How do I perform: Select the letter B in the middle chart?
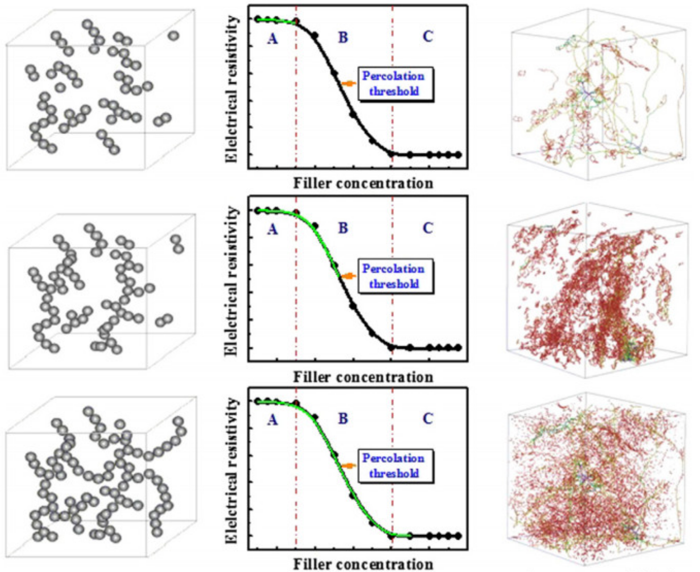coord(343,228)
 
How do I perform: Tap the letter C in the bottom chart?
coord(427,418)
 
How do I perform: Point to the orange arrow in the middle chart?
coord(349,276)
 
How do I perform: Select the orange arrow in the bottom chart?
coord(349,465)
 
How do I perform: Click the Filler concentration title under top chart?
coord(363,183)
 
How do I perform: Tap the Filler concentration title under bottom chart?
coord(363,564)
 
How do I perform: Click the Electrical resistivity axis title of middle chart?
coord(232,282)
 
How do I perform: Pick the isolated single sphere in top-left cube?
coord(173,36)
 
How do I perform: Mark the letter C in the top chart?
coord(427,37)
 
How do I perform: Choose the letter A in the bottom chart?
coord(272,419)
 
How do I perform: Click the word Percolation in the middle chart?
coord(393,269)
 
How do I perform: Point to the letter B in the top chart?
coord(343,38)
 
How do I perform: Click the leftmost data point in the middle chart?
coord(258,210)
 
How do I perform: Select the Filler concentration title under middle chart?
coord(363,377)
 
